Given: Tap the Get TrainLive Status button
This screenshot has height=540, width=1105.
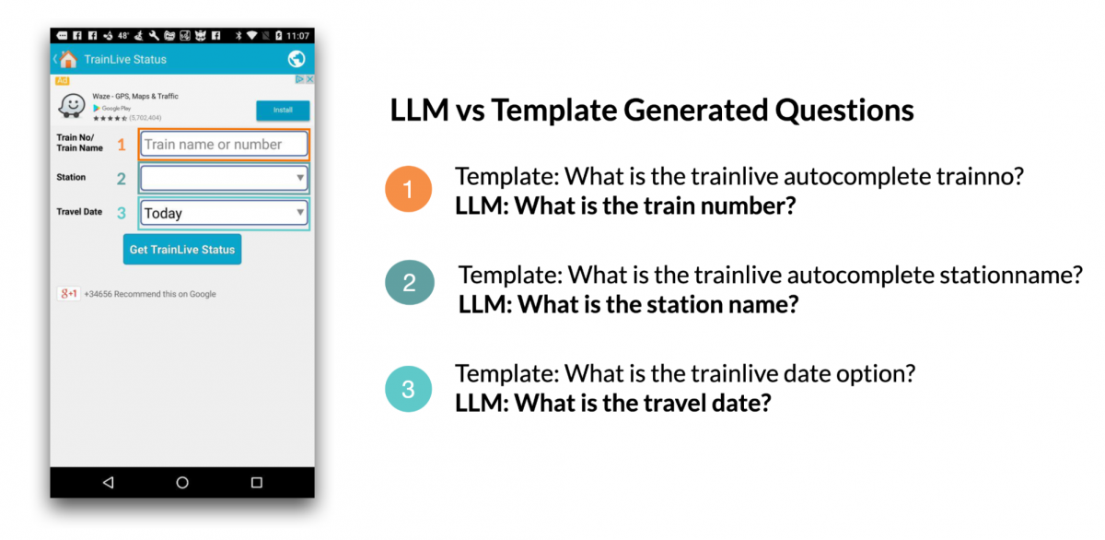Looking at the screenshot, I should tap(182, 250).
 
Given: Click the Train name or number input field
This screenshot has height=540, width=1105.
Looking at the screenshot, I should tap(225, 145).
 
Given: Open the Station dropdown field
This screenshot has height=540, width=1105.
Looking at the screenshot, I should tap(225, 178).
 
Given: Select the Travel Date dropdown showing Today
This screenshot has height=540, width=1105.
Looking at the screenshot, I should tap(225, 213).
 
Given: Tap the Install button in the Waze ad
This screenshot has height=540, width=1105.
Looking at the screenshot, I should tap(283, 111).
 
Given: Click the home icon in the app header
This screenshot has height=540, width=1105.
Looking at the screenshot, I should tap(68, 59).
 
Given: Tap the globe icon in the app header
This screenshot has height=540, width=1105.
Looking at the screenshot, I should tap(297, 59).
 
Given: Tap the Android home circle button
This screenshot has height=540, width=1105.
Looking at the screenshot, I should tap(182, 482).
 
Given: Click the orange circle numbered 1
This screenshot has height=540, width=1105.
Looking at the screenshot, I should tap(409, 191).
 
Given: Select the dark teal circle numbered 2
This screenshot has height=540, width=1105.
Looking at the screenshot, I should tap(409, 285).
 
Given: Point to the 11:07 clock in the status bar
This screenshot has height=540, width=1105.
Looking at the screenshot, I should tap(297, 35).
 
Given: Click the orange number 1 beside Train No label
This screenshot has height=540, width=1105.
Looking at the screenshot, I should tap(121, 145).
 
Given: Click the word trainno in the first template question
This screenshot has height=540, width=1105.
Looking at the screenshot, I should tap(975, 177).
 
